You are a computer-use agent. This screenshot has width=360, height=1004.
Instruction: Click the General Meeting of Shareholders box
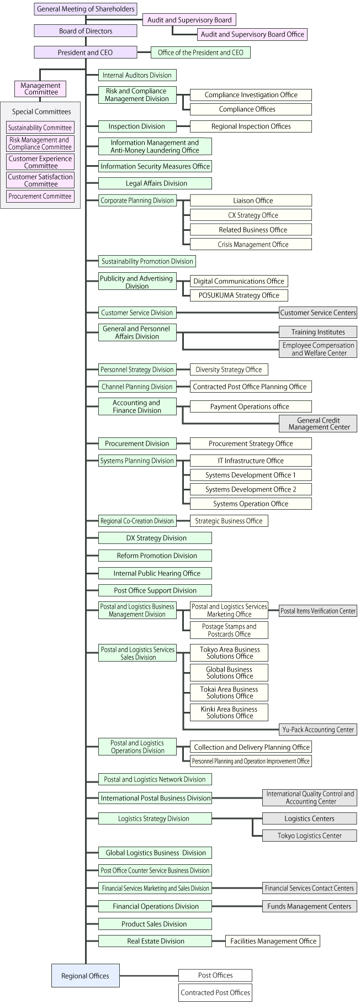tap(86, 9)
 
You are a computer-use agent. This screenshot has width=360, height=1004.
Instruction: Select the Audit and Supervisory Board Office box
tap(252, 34)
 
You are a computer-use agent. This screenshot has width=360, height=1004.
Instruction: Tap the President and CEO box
tap(86, 52)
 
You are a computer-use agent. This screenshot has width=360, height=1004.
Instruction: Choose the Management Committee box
tap(41, 88)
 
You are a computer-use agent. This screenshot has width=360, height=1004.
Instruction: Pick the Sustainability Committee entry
tap(40, 128)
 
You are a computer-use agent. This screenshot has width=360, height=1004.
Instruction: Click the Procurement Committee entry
tap(40, 196)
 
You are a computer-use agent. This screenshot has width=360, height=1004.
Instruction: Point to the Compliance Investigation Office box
tap(251, 95)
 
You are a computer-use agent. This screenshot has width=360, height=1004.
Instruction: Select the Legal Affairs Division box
tap(155, 183)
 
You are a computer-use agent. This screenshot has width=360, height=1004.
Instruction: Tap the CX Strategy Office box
tap(251, 215)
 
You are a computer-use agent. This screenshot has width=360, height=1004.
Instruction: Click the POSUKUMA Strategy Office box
tap(239, 295)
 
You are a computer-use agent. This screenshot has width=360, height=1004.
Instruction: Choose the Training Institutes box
tap(318, 332)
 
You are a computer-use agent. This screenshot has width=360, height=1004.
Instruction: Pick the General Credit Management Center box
tap(318, 424)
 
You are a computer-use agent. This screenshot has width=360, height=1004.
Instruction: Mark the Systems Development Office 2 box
tap(251, 489)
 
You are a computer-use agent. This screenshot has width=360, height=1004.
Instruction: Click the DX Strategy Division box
tap(155, 538)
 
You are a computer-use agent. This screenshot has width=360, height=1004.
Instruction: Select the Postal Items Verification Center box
tap(318, 611)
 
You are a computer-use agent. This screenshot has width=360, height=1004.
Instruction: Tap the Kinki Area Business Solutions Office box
tap(229, 712)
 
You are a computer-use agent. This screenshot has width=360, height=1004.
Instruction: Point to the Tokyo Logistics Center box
tap(310, 836)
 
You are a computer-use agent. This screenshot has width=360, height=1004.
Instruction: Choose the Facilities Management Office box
tap(273, 941)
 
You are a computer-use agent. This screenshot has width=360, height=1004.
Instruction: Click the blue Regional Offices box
tap(86, 976)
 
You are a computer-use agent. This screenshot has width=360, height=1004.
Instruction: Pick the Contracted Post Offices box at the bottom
tap(215, 992)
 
